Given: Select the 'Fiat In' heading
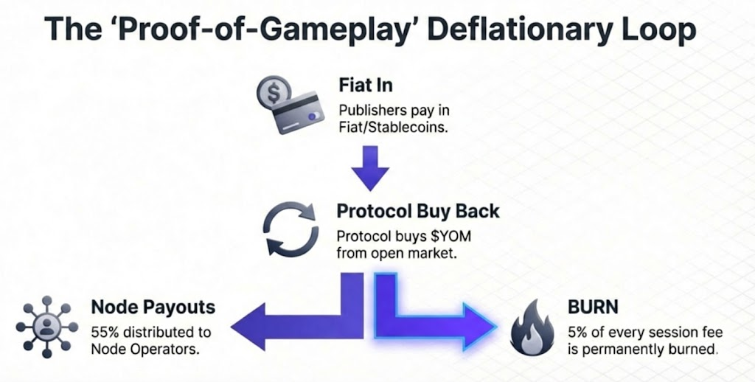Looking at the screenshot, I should pyautogui.click(x=366, y=84).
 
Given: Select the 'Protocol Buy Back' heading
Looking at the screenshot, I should pyautogui.click(x=418, y=211).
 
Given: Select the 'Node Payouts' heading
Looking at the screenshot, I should pyautogui.click(x=153, y=306).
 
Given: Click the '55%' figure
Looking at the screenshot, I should pyautogui.click(x=104, y=330).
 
